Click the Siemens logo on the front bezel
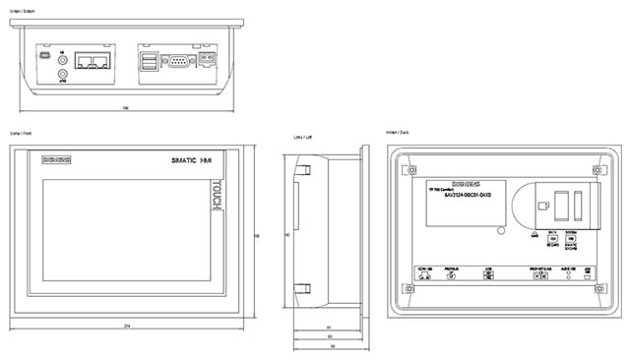coord(56,159)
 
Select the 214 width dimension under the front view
coord(127,326)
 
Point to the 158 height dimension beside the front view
coord(257,236)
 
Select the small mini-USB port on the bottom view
coord(42,56)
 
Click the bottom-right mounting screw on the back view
coord(600,290)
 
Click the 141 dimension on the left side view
coord(286,236)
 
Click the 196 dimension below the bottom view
coord(125,106)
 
